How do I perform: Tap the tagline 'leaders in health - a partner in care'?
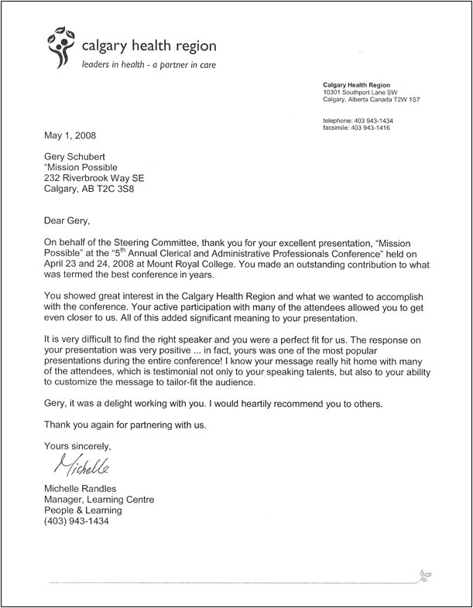coord(149,65)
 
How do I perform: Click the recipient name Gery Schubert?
coord(77,157)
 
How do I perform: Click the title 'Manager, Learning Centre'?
coord(98,500)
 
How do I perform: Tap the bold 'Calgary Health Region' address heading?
coord(357,84)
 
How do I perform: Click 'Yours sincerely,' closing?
coord(78,446)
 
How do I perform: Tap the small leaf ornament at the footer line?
coord(424,576)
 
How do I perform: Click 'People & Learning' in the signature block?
coord(83,511)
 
